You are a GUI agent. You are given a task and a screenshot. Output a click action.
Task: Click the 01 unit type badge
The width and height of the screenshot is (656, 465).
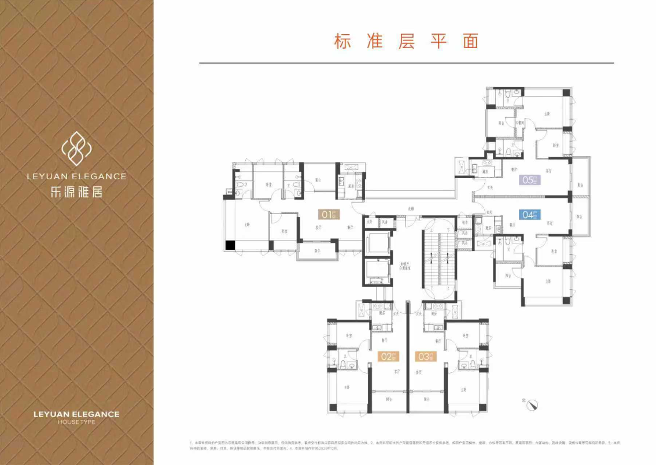coord(328,215)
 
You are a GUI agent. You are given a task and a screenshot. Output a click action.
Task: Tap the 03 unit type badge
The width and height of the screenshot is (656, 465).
coord(425,356)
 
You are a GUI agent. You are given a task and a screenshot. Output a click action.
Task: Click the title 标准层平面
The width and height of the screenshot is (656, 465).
coord(406,42)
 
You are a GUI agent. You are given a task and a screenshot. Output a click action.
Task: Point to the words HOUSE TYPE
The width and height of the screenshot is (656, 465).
coord(76,422)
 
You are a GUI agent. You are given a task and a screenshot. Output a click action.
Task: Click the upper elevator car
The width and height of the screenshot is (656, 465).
coord(379,242)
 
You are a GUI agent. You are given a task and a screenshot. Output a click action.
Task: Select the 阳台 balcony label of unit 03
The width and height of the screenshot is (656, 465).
coord(427,399)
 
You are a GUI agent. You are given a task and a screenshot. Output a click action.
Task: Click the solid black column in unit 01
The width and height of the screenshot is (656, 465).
coord(230,245)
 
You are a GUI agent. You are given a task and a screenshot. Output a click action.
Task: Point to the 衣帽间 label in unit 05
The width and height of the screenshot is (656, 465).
coord(520,123)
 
